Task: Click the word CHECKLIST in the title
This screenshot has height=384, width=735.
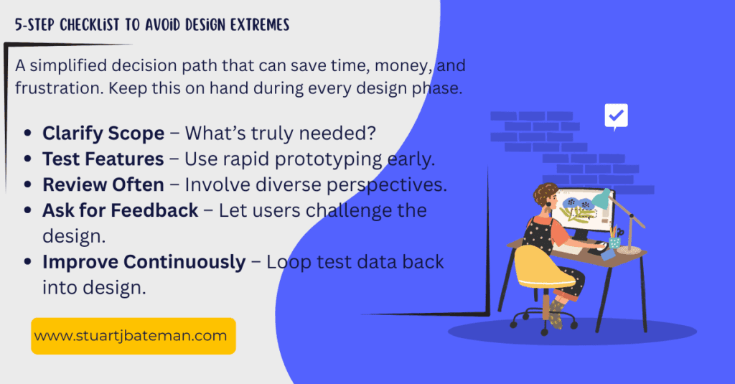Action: tap(90, 24)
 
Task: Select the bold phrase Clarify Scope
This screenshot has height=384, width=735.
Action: tap(103, 134)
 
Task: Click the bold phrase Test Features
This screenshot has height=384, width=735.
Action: tap(103, 159)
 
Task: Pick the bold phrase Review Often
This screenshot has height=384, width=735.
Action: tap(103, 184)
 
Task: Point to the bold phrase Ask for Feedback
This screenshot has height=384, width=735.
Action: tap(121, 210)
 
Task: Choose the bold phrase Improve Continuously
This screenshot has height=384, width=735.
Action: tap(144, 262)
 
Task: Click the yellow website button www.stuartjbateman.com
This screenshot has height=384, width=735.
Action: tap(133, 336)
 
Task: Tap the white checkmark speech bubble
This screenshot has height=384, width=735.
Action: tap(616, 116)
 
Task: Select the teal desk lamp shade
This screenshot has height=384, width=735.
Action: tap(601, 199)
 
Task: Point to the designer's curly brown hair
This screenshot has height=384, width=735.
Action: tap(546, 194)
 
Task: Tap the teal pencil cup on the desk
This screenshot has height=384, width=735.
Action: tap(614, 242)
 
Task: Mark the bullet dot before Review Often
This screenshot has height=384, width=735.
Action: tap(28, 184)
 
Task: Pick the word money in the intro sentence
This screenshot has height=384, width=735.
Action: tap(403, 66)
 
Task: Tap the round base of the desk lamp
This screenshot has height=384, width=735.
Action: tap(629, 250)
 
